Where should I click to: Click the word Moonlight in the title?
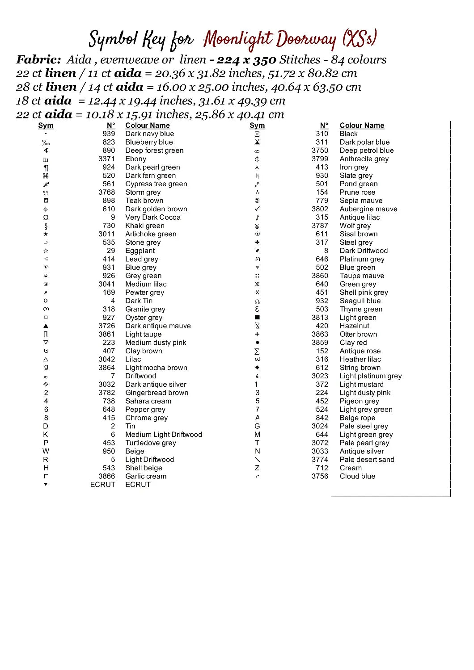(x=238, y=40)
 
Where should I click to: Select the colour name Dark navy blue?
(x=149, y=134)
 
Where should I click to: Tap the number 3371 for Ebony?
(x=106, y=159)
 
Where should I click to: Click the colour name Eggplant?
(x=140, y=251)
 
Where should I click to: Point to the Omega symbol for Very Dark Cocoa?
(x=46, y=218)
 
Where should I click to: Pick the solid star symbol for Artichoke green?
(x=46, y=234)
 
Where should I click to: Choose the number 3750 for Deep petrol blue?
(x=320, y=151)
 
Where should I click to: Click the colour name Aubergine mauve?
(x=368, y=209)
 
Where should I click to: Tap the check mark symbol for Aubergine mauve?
(x=257, y=209)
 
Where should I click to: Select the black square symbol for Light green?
(x=257, y=318)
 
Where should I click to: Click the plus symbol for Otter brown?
(x=257, y=334)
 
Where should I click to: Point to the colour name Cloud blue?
(x=357, y=476)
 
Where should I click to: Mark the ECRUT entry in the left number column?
(x=102, y=485)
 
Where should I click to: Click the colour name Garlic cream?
(x=146, y=476)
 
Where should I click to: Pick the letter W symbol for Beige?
(x=46, y=451)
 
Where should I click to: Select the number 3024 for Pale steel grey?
(x=320, y=426)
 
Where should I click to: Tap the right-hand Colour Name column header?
(x=362, y=126)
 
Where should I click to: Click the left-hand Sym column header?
(x=46, y=126)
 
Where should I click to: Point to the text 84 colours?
(x=359, y=60)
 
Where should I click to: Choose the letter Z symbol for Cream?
(x=257, y=468)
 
